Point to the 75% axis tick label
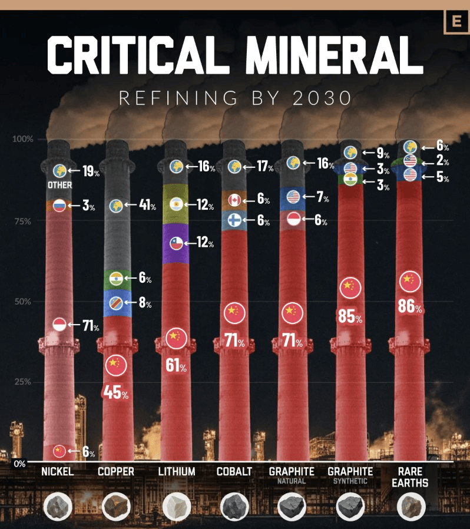tap(23, 221)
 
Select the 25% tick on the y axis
tap(23, 381)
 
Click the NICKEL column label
tap(58, 471)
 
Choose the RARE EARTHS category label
tap(411, 477)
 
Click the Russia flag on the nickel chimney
tap(59, 206)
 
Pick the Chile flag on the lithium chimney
tap(176, 242)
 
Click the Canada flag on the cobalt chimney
tap(234, 200)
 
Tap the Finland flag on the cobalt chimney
tap(234, 221)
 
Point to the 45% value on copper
tap(115, 392)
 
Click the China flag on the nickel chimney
tap(59, 451)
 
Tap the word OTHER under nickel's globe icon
tap(60, 185)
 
